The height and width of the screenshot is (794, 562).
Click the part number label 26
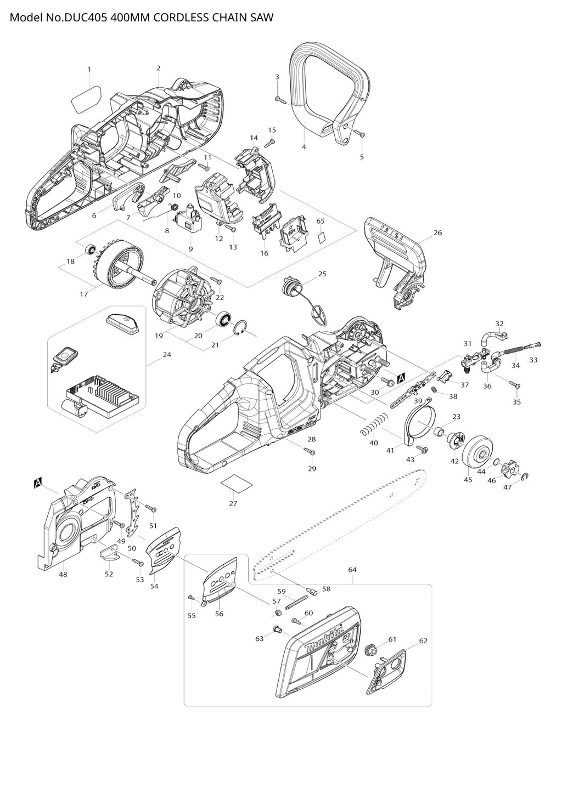pyautogui.click(x=437, y=232)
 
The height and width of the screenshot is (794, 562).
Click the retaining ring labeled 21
pyautogui.click(x=238, y=331)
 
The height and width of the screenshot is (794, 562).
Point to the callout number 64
pyautogui.click(x=352, y=570)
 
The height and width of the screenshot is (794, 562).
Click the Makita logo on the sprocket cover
pyautogui.click(x=328, y=639)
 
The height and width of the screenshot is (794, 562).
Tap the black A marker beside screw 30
pyautogui.click(x=401, y=378)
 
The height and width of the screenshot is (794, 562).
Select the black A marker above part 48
pyautogui.click(x=38, y=483)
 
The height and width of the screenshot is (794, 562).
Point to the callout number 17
pyautogui.click(x=84, y=294)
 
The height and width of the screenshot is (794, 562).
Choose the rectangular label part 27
pyautogui.click(x=235, y=484)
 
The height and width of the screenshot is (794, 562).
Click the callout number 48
pyautogui.click(x=63, y=574)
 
